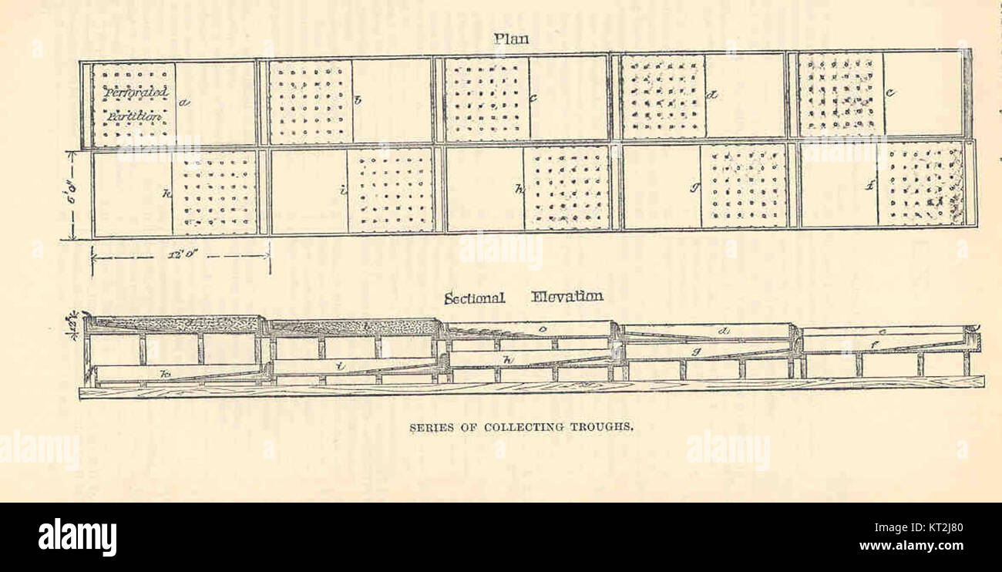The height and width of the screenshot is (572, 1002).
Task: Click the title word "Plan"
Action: [512, 39]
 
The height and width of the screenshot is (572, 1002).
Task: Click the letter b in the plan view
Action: [357, 99]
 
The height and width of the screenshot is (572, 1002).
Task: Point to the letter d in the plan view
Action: [713, 96]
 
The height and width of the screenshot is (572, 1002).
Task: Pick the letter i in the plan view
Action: [342, 190]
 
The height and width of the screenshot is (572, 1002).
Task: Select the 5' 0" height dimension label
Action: [71, 196]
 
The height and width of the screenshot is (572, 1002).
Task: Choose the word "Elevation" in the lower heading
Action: [567, 297]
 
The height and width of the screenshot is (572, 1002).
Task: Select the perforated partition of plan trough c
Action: [487, 100]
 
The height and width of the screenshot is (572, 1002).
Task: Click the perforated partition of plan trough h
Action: [567, 188]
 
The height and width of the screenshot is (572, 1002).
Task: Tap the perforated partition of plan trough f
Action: [921, 184]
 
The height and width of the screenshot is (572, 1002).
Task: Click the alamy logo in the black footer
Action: [77, 537]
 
